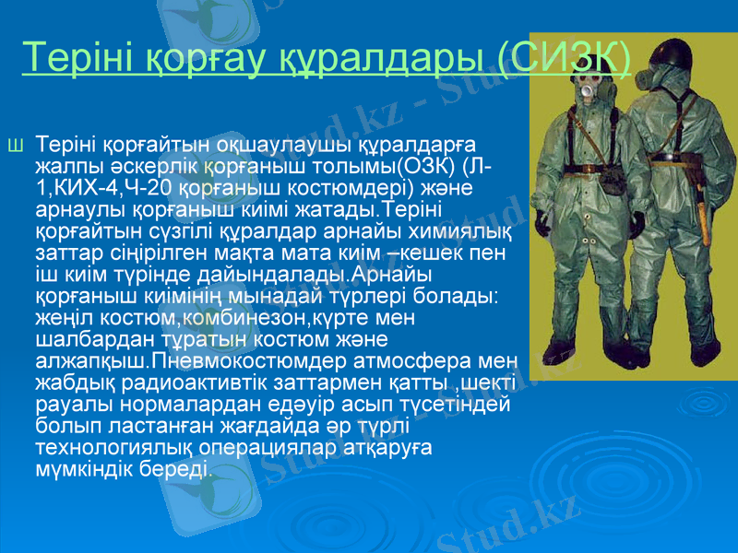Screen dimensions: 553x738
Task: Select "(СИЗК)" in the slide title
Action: pyautogui.click(x=565, y=57)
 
